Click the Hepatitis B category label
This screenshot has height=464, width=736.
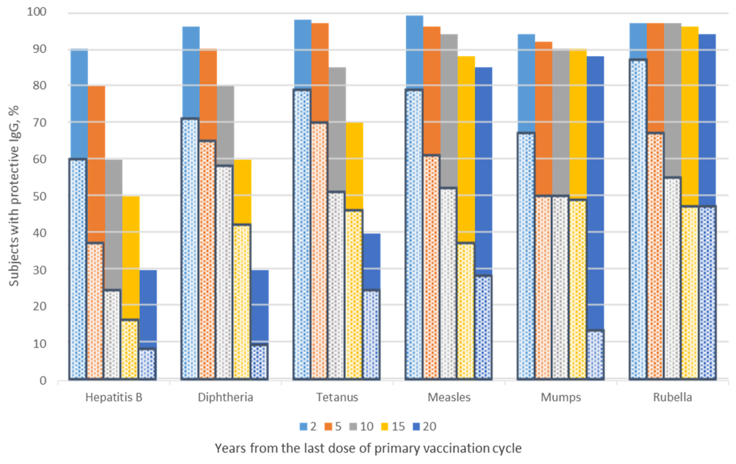pos(114,398)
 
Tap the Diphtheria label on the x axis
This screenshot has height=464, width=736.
pos(225,398)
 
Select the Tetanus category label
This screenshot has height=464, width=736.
pos(337,398)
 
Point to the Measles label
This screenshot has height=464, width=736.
pos(449,398)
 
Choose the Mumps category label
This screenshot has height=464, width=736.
pos(561,398)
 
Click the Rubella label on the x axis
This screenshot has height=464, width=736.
pos(673,398)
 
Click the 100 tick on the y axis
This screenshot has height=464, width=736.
pos(37,12)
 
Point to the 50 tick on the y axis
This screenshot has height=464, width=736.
pos(40,196)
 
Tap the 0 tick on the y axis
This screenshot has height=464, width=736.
pos(44,381)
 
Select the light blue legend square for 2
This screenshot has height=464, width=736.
pos(303,426)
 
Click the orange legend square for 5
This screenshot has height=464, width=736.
pos(328,426)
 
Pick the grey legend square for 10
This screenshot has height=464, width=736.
pos(354,426)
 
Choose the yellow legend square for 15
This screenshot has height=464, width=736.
pos(385,426)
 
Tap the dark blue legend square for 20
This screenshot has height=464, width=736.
pos(416,426)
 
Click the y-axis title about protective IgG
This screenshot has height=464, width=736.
pos(14,196)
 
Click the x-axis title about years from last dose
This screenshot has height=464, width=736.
pos(368,448)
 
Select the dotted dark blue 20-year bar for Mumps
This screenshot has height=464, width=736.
pos(595,355)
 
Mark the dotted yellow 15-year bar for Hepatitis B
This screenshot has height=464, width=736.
pos(130,349)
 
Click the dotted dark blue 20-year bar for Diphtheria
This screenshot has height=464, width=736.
pos(260,362)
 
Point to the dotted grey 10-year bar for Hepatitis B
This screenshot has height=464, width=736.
pos(112,335)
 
